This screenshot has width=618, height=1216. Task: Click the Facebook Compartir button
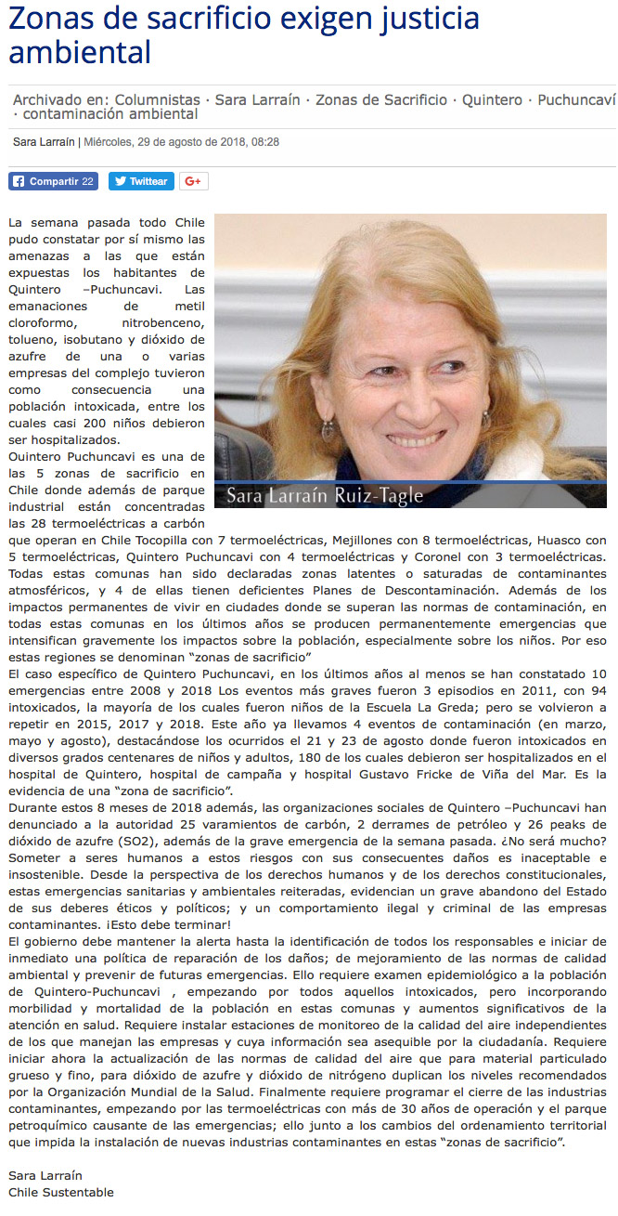point(53,181)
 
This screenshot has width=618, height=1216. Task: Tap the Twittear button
point(141,181)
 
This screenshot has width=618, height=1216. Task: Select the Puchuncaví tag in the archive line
point(576,99)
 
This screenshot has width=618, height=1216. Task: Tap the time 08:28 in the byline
point(264,142)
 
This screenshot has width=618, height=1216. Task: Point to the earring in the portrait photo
point(328,428)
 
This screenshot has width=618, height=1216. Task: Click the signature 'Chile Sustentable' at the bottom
point(61,1192)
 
